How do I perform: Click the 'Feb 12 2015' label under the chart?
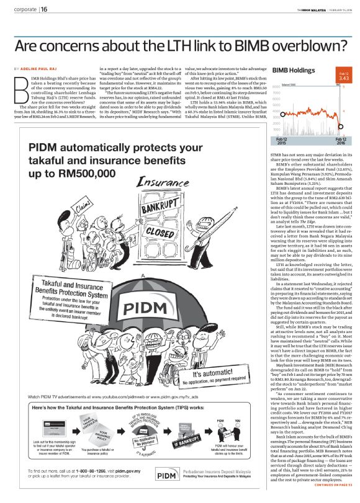coord(282,142)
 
